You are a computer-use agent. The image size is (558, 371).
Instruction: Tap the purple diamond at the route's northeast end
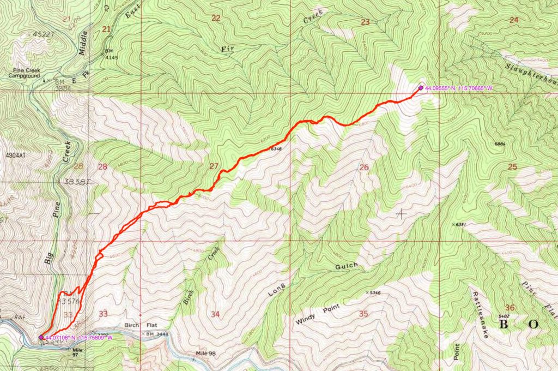[421, 87]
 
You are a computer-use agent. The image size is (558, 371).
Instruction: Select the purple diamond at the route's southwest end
[41, 337]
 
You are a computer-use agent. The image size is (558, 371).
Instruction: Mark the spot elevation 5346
[375, 294]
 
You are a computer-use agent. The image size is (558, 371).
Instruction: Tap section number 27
[214, 166]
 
